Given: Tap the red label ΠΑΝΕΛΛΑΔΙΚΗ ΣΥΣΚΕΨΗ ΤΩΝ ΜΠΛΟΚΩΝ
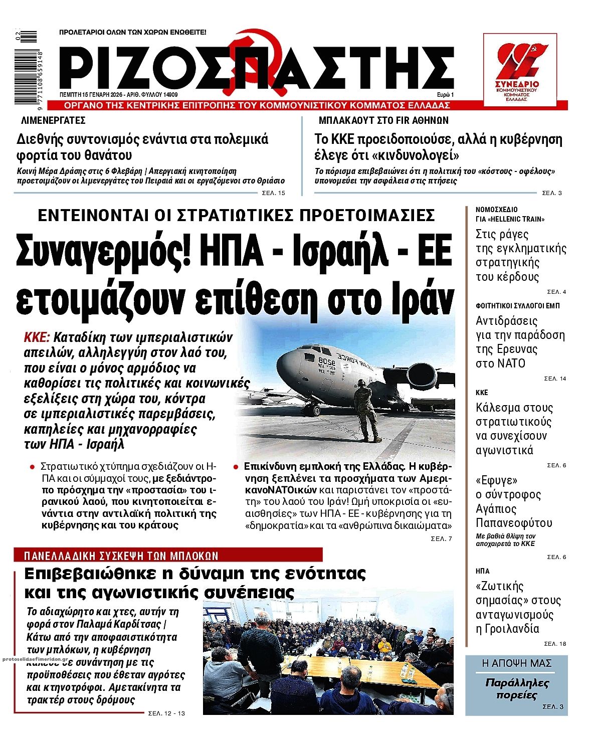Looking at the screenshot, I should (122, 556).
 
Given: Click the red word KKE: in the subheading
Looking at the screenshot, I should (37, 336).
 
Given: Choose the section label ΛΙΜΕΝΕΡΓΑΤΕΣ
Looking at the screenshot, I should (53, 120).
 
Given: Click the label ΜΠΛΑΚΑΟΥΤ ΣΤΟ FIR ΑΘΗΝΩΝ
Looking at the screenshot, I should (383, 120).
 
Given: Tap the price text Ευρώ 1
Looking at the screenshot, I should (445, 94).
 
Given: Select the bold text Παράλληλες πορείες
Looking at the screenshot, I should (517, 689).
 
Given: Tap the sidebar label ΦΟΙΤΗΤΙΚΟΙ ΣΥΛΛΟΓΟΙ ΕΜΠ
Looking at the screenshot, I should (518, 305).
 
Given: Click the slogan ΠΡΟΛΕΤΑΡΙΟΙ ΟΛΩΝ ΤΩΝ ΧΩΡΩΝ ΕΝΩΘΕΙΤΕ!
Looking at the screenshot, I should (132, 32).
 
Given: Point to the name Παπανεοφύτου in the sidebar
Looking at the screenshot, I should (514, 523).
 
